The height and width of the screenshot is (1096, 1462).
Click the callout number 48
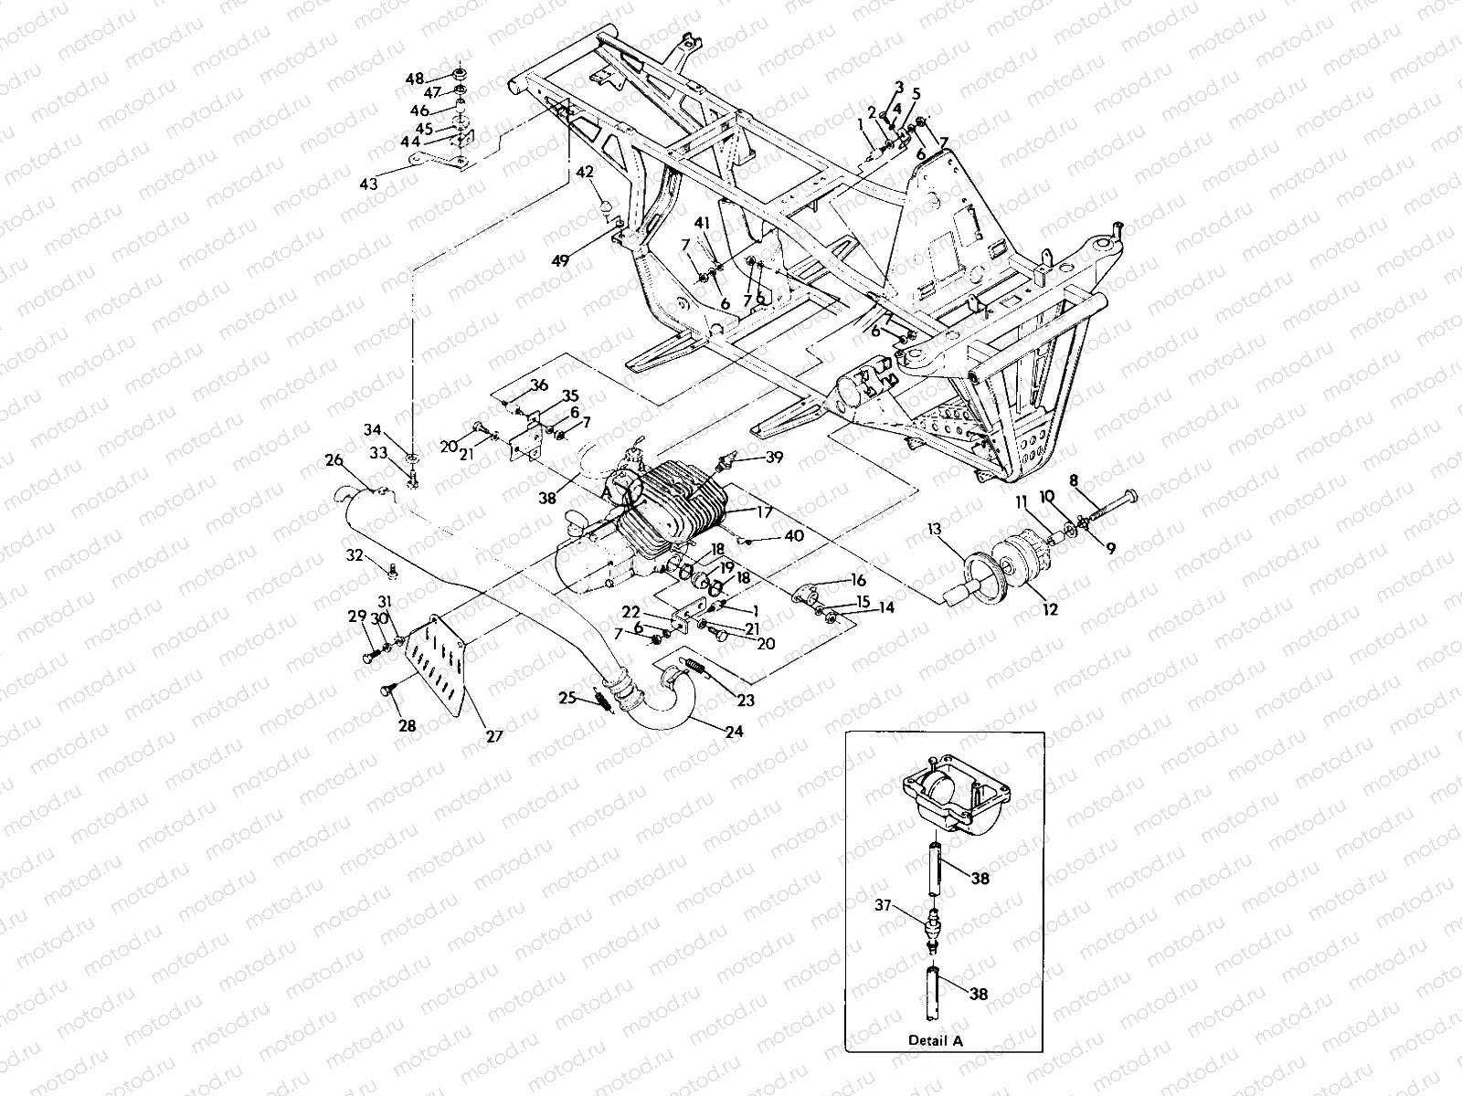(415, 79)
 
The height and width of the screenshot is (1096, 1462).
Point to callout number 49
(560, 259)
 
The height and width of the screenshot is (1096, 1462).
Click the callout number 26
(334, 459)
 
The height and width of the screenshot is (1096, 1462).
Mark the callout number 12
(1050, 608)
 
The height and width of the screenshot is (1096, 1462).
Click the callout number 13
(933, 529)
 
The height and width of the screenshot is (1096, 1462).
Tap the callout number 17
(763, 513)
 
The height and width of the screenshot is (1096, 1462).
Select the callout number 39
(775, 458)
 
